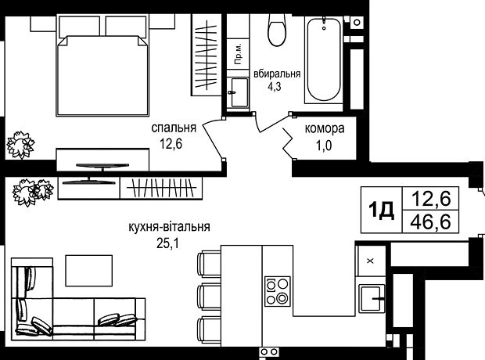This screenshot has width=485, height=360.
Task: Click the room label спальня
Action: [174, 128]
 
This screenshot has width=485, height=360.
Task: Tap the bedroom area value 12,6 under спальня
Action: [171, 144]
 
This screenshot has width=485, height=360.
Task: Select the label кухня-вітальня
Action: [169, 227]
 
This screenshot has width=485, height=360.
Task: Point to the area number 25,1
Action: [167, 243]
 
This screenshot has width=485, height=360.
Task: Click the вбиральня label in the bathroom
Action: [277, 74]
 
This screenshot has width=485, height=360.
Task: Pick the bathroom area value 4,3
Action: [275, 87]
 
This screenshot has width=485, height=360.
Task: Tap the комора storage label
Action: [325, 128]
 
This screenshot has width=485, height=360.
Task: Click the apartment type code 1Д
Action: [381, 211]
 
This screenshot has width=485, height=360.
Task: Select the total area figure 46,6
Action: [431, 222]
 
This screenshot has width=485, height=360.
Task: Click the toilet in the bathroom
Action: [276, 30]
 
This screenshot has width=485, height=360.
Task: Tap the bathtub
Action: [324, 59]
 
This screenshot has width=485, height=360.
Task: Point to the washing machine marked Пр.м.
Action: [238, 54]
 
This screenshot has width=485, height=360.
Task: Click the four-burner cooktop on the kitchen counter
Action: [278, 291]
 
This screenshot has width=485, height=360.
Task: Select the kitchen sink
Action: [372, 298]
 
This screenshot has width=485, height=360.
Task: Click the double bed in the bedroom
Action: [102, 66]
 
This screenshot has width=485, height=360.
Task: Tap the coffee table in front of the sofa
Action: [88, 271]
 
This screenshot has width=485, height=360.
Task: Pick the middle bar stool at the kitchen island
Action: [209, 297]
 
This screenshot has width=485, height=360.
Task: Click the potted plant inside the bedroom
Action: [20, 145]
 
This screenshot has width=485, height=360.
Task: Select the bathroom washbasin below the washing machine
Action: [239, 92]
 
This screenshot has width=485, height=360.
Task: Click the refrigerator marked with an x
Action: [371, 261]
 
